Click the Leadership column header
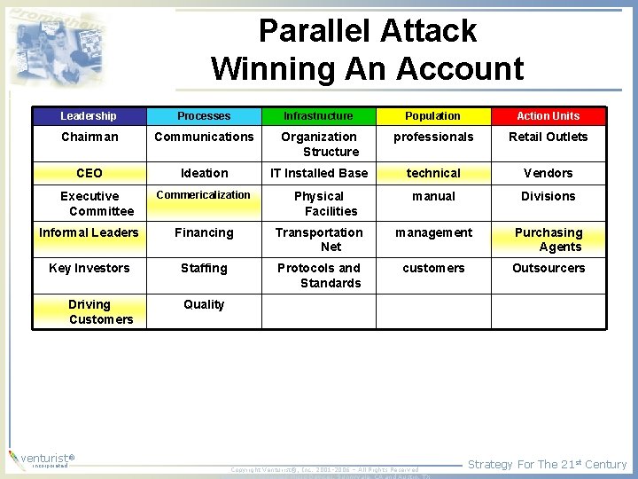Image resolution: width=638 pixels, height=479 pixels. coord(89,116)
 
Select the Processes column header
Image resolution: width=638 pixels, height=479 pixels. coord(204,116)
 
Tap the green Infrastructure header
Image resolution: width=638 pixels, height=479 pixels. coord(318,116)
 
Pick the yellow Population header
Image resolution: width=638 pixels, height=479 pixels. coord(433,116)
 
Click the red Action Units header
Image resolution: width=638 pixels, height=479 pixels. coord(549,116)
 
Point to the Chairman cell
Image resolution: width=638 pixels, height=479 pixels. coord(89,137)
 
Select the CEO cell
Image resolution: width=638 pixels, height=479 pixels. coord(89,173)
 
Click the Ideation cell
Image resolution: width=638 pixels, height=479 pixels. coord(204,173)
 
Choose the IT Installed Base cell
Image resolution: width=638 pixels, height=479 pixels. coord(318,173)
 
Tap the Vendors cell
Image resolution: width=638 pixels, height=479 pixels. coord(549,173)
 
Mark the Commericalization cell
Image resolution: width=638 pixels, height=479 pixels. coord(204,195)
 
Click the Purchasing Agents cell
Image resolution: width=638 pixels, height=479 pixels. coord(549,239)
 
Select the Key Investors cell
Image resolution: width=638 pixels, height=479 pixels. coord(89,268)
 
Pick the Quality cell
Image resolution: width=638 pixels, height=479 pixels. coord(204,304)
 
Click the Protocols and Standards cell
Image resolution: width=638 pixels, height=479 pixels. coord(318,275)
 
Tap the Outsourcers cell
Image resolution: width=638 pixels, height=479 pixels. coord(549,268)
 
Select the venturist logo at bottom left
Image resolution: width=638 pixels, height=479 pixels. coord(40,459)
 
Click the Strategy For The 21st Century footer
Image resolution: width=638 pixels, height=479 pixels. coord(547,464)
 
